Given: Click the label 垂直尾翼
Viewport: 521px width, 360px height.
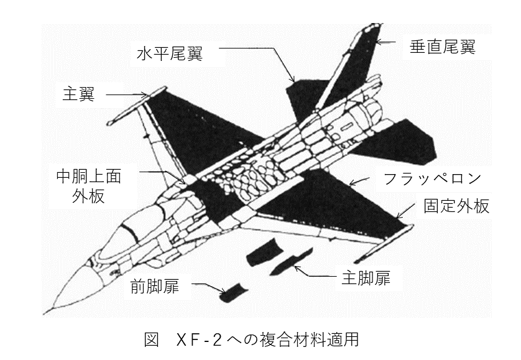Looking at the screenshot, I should tap(442, 47).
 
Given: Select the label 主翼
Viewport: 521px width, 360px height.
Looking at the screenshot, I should tap(77, 95).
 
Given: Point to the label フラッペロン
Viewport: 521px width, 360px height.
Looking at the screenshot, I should tap(431, 179).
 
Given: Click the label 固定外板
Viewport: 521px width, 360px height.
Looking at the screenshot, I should tap(456, 206).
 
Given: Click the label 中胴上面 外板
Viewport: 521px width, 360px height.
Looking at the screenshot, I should tap(85, 187).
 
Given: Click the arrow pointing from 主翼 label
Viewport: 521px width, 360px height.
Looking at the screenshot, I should tap(127, 95).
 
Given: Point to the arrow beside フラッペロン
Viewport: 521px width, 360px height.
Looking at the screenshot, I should tap(359, 182).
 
